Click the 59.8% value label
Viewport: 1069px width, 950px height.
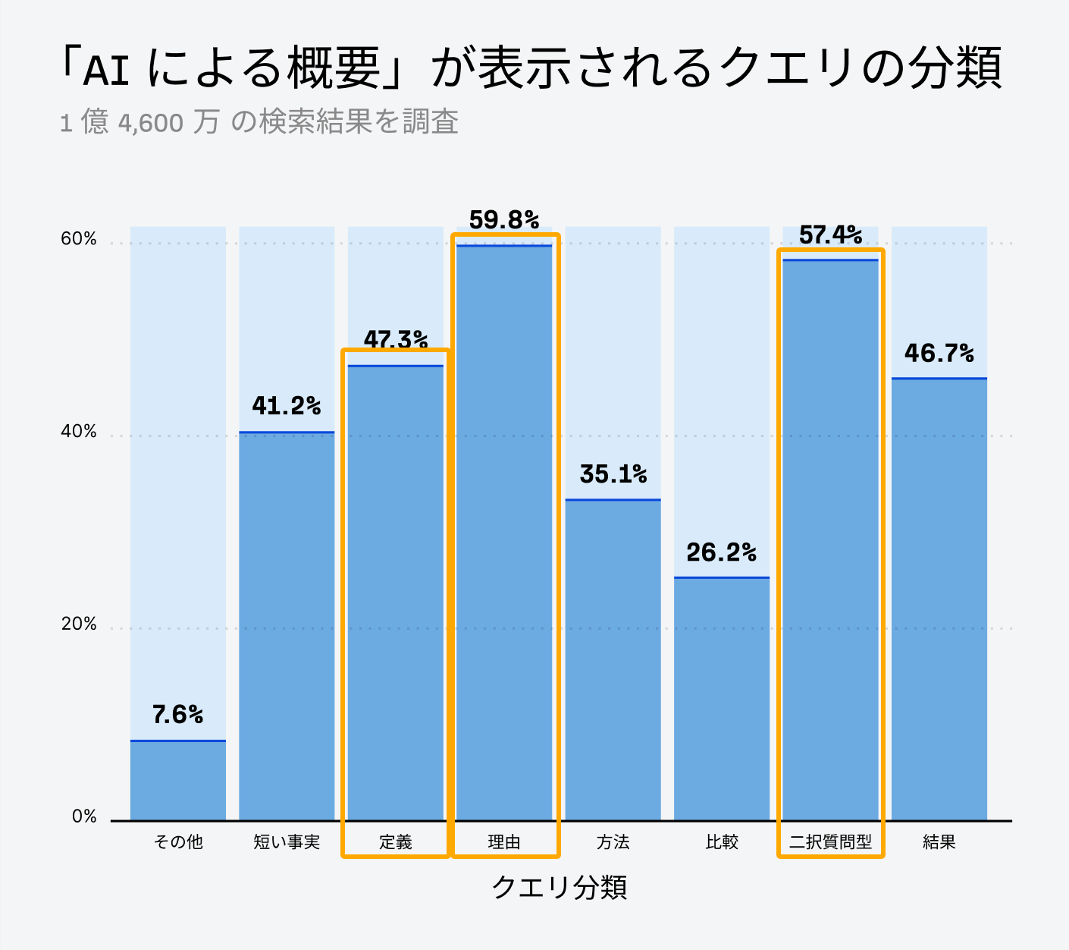tap(503, 220)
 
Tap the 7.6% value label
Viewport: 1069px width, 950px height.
tap(177, 715)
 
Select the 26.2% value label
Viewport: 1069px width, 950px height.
tap(721, 552)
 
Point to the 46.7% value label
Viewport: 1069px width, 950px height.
tap(939, 353)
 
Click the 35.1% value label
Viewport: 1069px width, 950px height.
tap(613, 474)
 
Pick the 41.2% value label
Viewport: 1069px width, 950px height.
tap(286, 406)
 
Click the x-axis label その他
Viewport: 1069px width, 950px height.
tap(178, 842)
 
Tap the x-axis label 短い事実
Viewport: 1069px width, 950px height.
tap(287, 842)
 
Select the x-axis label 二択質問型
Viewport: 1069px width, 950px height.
tap(830, 842)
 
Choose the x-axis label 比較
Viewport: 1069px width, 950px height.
tap(721, 842)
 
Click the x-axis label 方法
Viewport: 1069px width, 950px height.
tap(613, 842)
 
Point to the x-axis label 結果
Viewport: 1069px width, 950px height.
tap(939, 842)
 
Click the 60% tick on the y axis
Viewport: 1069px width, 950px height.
tap(79, 239)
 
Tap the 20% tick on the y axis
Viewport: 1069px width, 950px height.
tap(79, 624)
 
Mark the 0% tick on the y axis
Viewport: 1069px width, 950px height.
tap(84, 817)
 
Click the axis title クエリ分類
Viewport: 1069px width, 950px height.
tap(560, 887)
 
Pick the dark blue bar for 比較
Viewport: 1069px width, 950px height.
tap(721, 698)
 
